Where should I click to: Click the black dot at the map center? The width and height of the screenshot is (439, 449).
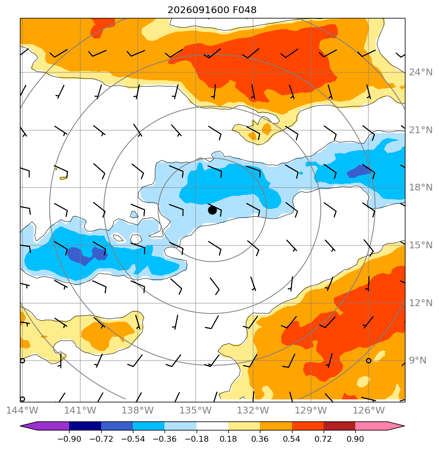point(212,210)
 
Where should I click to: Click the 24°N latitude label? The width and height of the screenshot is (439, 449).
point(421,72)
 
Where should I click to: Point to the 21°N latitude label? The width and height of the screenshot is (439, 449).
point(421,130)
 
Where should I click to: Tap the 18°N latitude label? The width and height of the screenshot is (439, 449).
point(421,187)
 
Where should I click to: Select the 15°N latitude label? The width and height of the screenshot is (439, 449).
point(421,245)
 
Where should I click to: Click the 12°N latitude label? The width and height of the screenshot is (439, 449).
point(421,303)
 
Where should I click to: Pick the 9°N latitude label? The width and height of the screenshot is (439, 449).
point(418,360)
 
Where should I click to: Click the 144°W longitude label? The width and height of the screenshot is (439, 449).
point(22,410)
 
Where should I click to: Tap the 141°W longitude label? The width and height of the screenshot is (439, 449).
point(80,410)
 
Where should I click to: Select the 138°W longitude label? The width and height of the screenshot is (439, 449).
point(138,410)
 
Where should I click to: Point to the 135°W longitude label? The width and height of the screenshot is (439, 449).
point(196,410)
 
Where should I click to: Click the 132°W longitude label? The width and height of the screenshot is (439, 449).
point(253,410)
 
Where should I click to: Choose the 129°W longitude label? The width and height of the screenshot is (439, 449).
point(311,410)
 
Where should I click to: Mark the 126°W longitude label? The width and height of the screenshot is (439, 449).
point(368,410)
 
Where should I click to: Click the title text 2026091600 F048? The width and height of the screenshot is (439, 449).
point(212,10)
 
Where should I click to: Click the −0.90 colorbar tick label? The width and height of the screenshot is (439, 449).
point(70,439)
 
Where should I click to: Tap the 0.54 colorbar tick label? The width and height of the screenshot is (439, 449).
point(292,439)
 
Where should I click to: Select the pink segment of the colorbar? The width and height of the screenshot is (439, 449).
point(371,426)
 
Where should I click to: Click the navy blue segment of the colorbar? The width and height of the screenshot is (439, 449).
point(85,426)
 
